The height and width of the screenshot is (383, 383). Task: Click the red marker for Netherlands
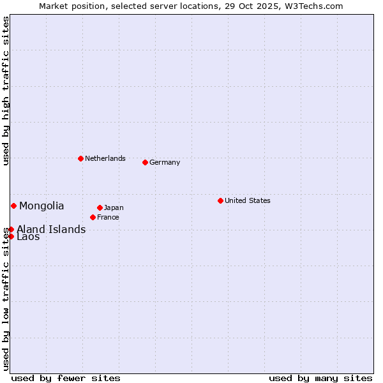[80, 158]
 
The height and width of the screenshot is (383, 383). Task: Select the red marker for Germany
[145, 162]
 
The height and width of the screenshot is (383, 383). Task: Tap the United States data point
[220, 200]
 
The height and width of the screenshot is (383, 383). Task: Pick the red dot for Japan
[100, 207]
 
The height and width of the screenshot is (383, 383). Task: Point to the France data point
[93, 217]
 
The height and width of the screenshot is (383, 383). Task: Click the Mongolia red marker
[13, 206]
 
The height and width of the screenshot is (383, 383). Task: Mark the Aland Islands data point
[11, 229]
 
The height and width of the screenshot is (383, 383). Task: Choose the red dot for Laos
[11, 236]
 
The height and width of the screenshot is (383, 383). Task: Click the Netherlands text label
[105, 158]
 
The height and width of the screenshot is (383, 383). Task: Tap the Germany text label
[165, 162]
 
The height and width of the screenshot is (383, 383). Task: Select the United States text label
[248, 200]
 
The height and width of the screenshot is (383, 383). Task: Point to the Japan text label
[114, 207]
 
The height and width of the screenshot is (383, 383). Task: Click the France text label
[108, 217]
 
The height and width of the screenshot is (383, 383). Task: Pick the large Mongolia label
[41, 206]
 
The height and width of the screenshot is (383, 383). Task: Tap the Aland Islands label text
[51, 229]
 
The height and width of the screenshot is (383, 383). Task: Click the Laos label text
[28, 237]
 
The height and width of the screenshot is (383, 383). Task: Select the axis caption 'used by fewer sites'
[66, 378]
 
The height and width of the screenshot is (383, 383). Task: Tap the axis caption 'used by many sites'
[320, 378]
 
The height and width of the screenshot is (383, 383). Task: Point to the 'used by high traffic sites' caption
[6, 91]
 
